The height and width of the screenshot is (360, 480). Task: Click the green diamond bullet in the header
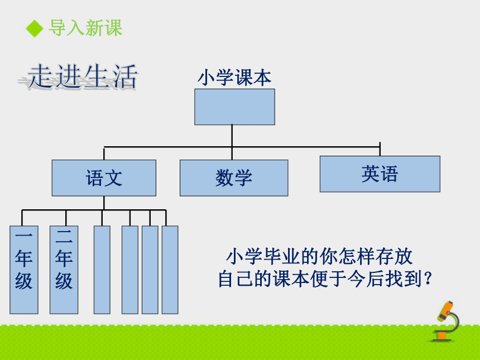34,28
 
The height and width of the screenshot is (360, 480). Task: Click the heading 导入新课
86,28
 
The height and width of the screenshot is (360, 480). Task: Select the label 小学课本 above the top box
234,78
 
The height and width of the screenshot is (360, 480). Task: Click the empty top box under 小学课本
235,107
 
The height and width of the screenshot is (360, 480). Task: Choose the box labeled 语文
104,178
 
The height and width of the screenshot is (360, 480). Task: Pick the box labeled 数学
234,178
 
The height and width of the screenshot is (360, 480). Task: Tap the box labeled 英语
380,174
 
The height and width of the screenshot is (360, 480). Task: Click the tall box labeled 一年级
24,270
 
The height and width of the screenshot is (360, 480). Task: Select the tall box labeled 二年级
64,270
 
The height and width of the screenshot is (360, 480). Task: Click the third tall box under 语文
102,270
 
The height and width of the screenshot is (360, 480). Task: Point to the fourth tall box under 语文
130,270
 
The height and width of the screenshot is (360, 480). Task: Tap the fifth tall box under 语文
150,270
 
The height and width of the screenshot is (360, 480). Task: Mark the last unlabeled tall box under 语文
170,270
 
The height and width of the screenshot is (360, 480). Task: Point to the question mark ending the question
428,279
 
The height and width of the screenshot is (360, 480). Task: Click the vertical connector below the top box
232,142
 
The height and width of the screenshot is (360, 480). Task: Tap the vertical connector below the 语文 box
104,203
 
